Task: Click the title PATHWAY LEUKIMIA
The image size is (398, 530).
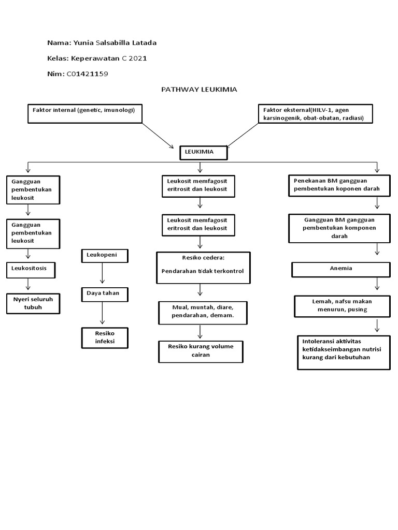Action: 199,90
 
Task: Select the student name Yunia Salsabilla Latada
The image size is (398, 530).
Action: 116,42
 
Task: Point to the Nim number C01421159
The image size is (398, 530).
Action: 88,74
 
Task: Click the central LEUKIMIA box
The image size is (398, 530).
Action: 203,153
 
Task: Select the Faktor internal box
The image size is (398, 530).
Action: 85,113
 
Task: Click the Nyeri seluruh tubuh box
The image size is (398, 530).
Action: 33,303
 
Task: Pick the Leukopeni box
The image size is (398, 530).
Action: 104,255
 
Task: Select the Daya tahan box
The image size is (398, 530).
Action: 104,294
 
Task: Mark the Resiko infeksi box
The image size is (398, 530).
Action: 104,337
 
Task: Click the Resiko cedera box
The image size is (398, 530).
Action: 203,268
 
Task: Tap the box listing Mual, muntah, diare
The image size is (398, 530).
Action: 203,312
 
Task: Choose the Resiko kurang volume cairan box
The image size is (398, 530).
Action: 200,351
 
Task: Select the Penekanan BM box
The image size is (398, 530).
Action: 339,185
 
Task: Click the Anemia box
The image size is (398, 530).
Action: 340,269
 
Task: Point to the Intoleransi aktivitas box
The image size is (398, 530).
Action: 343,352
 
